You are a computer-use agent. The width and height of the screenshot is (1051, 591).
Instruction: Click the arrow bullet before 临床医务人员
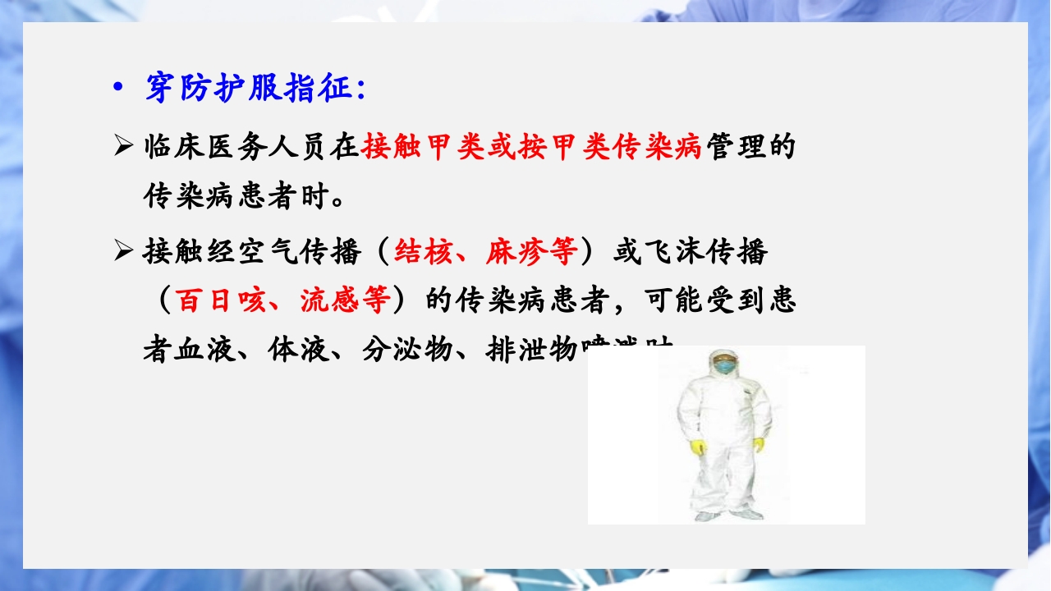123,148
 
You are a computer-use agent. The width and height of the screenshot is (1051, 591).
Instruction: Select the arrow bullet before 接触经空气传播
123,251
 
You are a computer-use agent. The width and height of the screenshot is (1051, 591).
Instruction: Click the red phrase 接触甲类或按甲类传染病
531,148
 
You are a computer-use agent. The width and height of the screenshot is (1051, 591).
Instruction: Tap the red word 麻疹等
531,251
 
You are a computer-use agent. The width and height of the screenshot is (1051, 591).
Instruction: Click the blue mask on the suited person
724,368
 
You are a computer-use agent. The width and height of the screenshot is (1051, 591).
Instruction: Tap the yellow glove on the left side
700,447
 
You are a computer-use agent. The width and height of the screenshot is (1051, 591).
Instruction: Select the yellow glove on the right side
758,445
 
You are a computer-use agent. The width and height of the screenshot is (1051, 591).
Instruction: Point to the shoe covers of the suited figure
727,515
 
